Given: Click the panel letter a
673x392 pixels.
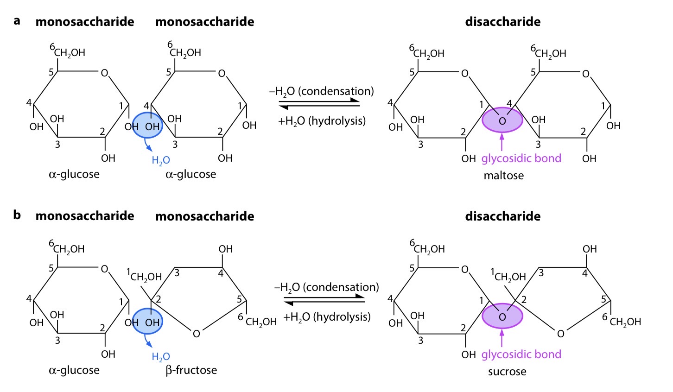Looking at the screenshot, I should pos(17,21).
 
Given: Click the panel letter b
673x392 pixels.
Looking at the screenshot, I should pos(17,215).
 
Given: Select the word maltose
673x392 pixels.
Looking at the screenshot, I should pos(503,176).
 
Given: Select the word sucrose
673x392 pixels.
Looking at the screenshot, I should pos(507,372).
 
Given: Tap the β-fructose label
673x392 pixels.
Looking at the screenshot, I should pos(191,370).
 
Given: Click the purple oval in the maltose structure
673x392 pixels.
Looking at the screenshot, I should pos(502,120).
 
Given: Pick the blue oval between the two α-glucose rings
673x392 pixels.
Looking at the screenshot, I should pos(147,126).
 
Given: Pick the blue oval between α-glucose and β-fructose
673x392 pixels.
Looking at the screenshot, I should pos(147,322).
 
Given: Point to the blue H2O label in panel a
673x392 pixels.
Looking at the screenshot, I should pos(161,161).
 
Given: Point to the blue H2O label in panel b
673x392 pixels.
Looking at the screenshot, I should pos(161,357).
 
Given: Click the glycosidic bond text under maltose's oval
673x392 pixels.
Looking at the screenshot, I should pos(521,158).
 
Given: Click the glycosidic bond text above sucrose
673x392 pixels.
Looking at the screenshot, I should pos(521,354).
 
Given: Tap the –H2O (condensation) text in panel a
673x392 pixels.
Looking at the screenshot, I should pos(321,91).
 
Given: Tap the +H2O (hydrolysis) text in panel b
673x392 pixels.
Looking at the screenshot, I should pos(327,317).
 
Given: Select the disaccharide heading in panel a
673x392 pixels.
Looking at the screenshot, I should pos(502,22).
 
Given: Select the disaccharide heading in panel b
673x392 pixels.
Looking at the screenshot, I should pos(502,216).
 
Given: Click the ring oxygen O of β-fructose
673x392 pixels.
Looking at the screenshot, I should pos(197,334).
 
